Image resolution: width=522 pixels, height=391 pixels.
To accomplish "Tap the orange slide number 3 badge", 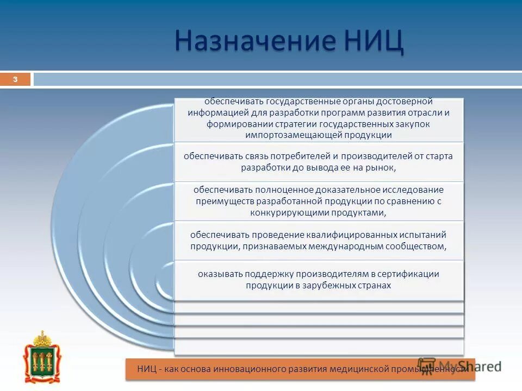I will (x=15, y=80).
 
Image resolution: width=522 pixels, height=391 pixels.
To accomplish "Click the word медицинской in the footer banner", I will (x=360, y=369).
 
